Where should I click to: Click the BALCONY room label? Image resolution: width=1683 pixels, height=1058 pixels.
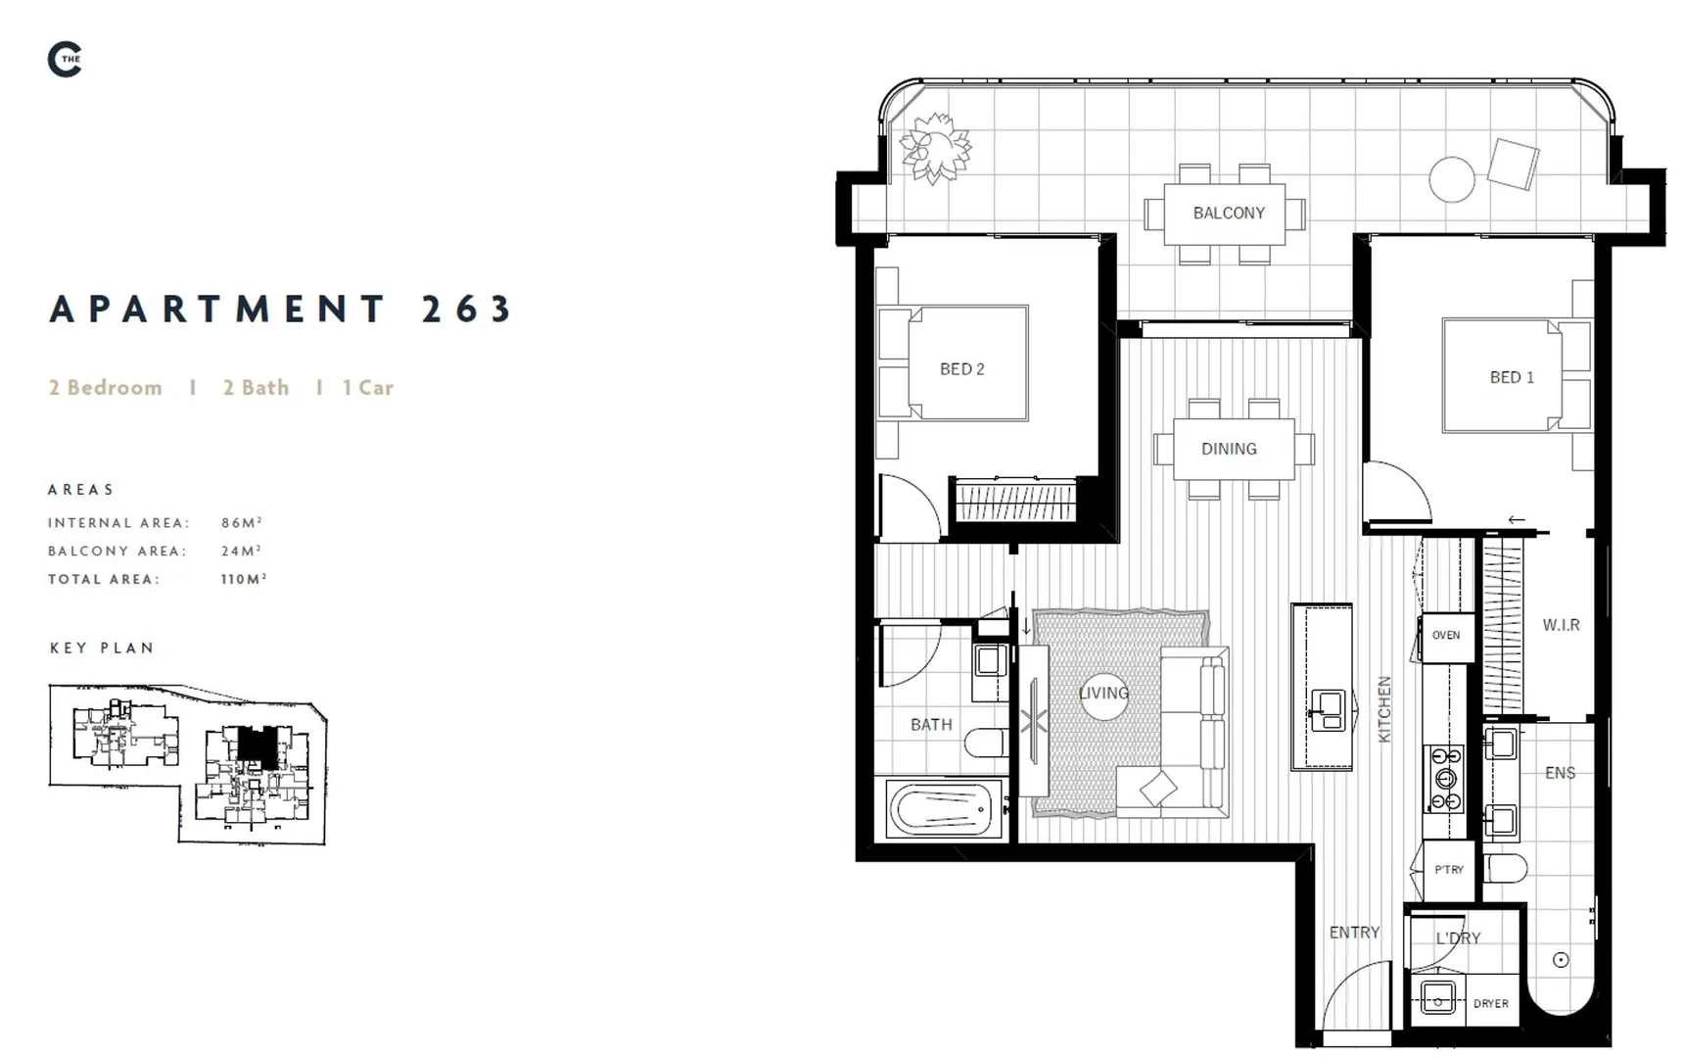point(1229,213)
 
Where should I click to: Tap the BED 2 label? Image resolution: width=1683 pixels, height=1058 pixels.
point(961,369)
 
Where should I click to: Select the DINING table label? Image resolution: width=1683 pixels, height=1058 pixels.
point(1229,449)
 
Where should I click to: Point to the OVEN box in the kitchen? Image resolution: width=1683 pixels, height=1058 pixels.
point(1446,636)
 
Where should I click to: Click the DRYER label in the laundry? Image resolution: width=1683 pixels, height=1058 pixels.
point(1490,1003)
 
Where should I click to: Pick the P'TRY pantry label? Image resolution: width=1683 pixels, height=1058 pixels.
point(1449,870)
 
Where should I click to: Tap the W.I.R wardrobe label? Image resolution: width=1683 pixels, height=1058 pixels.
point(1561,625)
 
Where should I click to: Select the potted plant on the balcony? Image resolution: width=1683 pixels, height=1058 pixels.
point(935,149)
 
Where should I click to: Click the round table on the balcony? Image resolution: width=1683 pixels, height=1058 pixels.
point(1452,180)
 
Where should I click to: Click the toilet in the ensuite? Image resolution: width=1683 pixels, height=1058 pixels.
point(1505,868)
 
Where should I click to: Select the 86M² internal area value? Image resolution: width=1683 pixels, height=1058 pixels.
point(241,523)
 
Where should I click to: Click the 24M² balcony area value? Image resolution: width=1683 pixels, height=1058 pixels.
point(241,552)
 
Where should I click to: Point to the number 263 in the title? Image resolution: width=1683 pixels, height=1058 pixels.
point(467,310)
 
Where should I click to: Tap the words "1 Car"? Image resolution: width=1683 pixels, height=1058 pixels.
point(367,388)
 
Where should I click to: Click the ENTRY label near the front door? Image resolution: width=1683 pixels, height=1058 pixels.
point(1354,933)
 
